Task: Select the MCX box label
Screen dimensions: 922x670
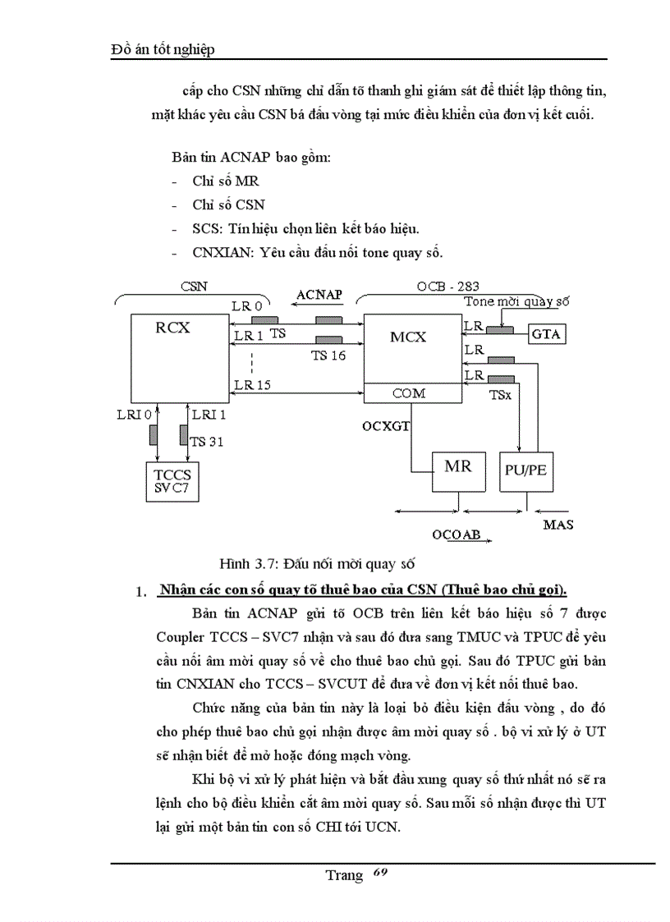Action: (407, 337)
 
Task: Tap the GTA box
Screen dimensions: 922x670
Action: (547, 334)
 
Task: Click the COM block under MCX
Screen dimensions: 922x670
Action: (408, 393)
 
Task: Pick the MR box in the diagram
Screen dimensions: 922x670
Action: (457, 466)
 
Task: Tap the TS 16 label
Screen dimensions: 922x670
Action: (328, 355)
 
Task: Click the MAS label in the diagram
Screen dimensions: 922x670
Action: (558, 525)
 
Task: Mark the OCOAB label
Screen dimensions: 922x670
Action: (456, 534)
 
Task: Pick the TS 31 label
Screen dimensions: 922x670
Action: (207, 441)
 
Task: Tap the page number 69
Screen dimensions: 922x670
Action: (379, 873)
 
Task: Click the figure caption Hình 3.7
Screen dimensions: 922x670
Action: (318, 563)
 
